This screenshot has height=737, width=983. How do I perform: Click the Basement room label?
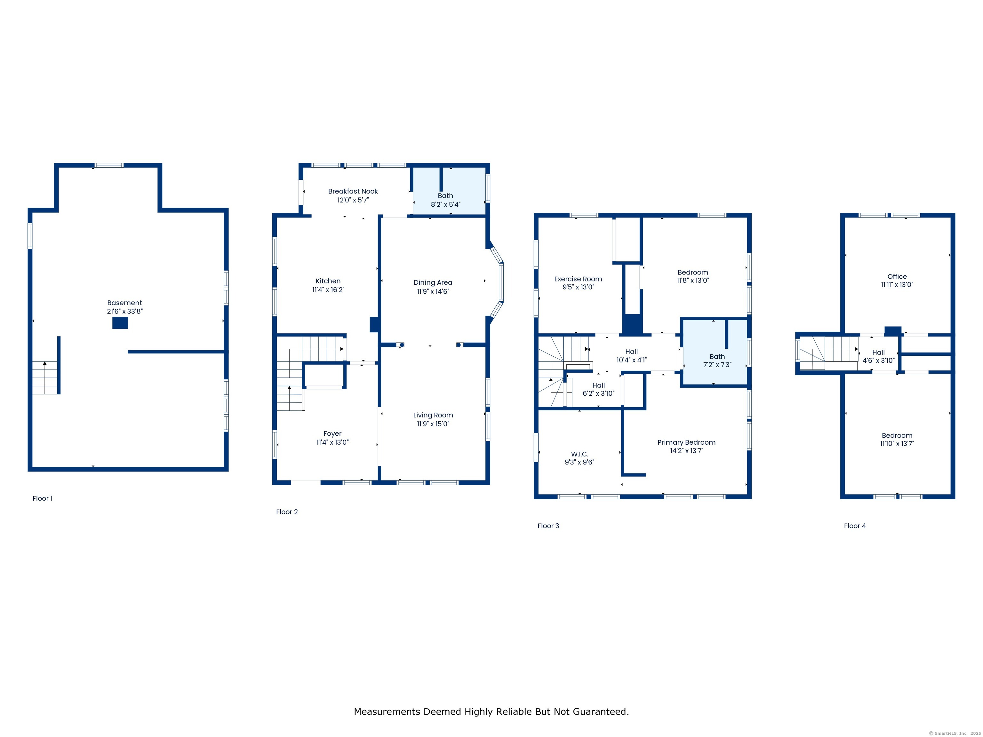pyautogui.click(x=124, y=303)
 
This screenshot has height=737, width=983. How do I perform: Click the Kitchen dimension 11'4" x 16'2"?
pyautogui.click(x=328, y=289)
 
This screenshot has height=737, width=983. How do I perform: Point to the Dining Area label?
pyautogui.click(x=433, y=282)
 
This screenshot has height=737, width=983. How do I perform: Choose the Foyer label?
pyautogui.click(x=332, y=433)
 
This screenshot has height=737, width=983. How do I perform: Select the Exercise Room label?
pyautogui.click(x=578, y=279)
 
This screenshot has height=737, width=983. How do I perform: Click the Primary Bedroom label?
pyautogui.click(x=686, y=442)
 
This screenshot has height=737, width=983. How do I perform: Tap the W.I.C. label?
pyautogui.click(x=579, y=454)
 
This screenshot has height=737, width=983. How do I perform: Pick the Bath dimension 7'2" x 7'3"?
pyautogui.click(x=717, y=365)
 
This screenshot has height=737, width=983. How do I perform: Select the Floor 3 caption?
pyautogui.click(x=548, y=526)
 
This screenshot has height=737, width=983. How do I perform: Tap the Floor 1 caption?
pyautogui.click(x=42, y=498)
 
